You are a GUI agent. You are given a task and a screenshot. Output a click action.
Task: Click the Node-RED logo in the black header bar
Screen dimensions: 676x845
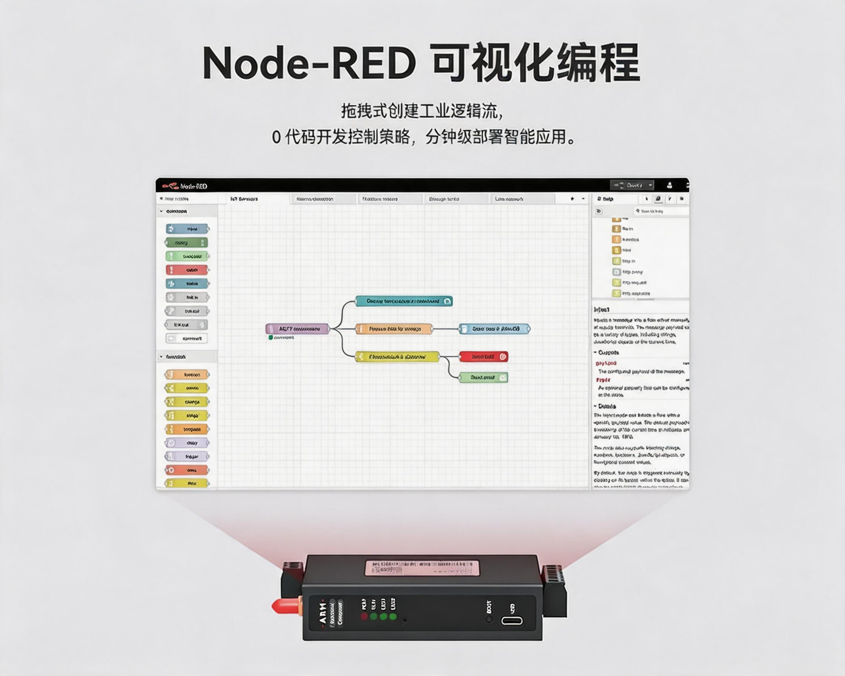pyautogui.click(x=171, y=185)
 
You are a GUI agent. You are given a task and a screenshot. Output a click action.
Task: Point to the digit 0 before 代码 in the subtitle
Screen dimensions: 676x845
pyautogui.click(x=276, y=138)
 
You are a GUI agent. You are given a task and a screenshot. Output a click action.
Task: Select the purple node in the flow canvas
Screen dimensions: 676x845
pyautogui.click(x=298, y=329)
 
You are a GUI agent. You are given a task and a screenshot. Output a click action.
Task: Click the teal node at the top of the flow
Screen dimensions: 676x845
pyautogui.click(x=404, y=301)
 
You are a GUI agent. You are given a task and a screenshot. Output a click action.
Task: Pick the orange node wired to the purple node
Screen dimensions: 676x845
pyautogui.click(x=394, y=329)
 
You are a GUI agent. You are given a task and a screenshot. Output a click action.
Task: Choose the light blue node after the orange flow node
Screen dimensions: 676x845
pyautogui.click(x=495, y=329)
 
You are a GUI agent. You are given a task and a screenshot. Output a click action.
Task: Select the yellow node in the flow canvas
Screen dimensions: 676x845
pyautogui.click(x=398, y=357)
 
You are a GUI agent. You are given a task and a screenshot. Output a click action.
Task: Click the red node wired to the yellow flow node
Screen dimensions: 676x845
pyautogui.click(x=483, y=356)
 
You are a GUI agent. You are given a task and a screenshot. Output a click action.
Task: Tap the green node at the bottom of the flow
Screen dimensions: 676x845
pyautogui.click(x=483, y=377)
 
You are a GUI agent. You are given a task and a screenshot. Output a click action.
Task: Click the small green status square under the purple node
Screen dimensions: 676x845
pyautogui.click(x=270, y=337)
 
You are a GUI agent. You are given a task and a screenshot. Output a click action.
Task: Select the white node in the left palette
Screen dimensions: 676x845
pyautogui.click(x=187, y=338)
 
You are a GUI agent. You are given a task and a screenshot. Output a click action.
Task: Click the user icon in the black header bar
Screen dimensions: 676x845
pyautogui.click(x=670, y=185)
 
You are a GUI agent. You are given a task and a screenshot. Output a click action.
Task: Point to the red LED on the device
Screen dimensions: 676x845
pyautogui.click(x=364, y=617)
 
